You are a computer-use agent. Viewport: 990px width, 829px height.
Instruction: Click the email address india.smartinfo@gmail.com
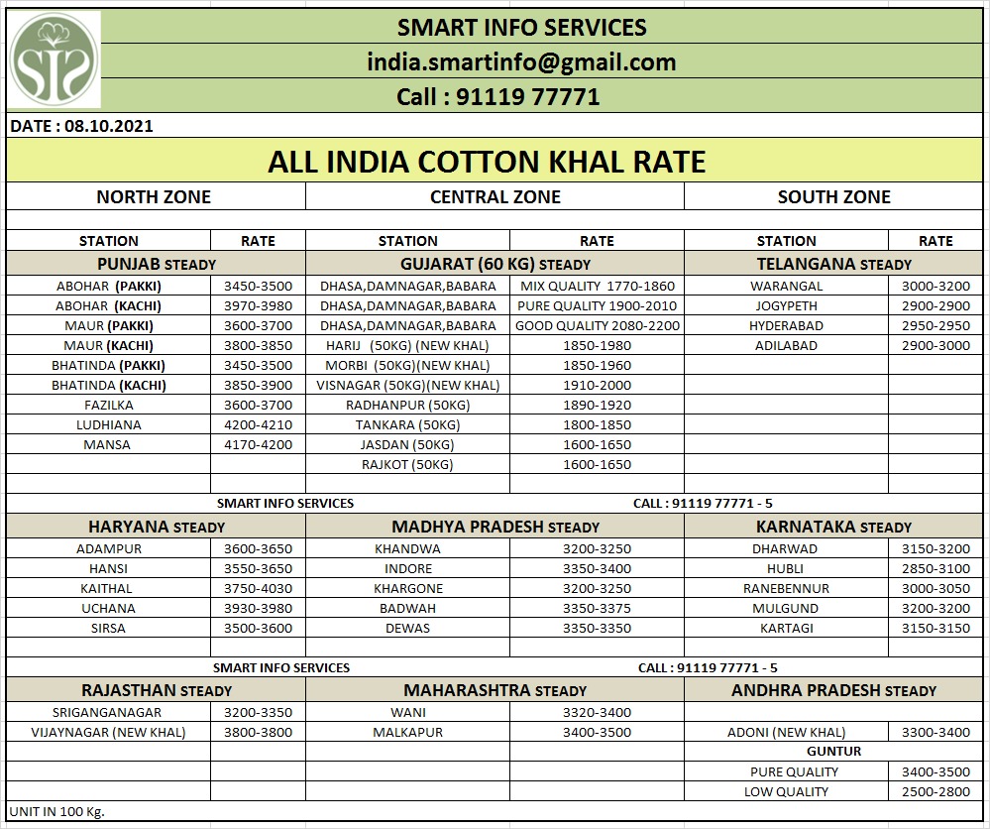pos(521,62)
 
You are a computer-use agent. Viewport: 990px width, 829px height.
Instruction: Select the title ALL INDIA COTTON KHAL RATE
pos(487,162)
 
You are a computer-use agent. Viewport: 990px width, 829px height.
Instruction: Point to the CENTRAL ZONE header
pos(495,197)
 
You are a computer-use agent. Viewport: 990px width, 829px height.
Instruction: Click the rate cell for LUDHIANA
pos(258,424)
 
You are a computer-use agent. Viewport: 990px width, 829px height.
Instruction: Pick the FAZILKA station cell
pos(109,405)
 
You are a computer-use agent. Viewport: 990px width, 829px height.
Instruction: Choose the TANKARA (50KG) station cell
pos(407,424)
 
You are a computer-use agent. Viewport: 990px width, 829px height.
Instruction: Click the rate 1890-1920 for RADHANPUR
pos(597,405)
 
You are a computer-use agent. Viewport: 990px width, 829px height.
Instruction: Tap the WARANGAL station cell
pos(786,286)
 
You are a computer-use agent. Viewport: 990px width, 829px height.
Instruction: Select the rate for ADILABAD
pos(935,345)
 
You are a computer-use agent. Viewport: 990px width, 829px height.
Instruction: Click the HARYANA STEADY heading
pos(157,527)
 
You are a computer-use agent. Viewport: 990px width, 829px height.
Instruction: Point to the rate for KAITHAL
pos(258,588)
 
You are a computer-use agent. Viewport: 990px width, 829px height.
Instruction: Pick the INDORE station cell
pos(408,568)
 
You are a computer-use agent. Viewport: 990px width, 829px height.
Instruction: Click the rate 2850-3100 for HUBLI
pos(935,568)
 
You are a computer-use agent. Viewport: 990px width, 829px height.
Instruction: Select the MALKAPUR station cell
pos(407,732)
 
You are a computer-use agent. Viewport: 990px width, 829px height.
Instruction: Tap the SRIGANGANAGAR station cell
pos(109,712)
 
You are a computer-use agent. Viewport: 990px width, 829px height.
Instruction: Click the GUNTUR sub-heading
pos(833,751)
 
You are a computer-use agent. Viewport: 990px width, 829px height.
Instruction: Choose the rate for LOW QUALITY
pos(935,791)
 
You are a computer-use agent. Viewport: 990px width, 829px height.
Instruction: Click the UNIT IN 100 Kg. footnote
pos(56,811)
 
